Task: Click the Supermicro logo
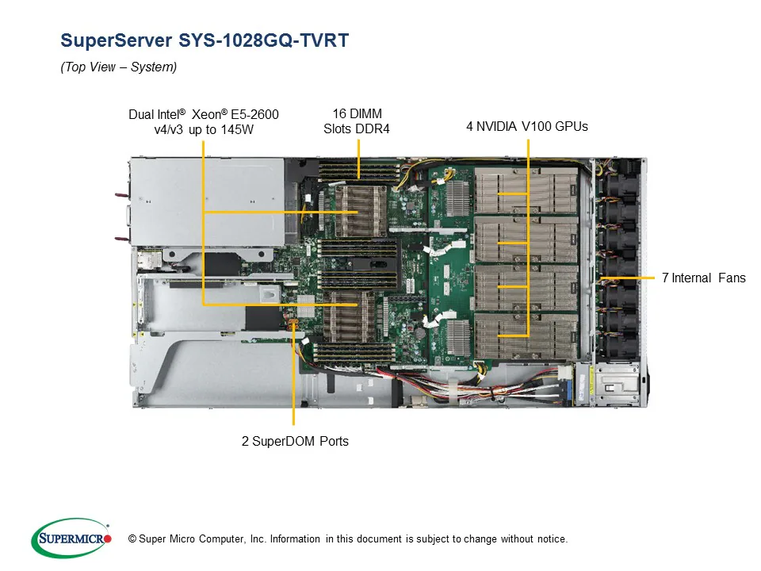(x=71, y=538)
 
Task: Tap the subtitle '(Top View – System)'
(x=119, y=67)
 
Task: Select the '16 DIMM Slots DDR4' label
(x=357, y=121)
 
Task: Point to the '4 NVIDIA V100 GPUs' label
(x=526, y=126)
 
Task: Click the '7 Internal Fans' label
(x=703, y=278)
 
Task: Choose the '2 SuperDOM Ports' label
(x=295, y=441)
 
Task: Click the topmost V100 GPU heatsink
(x=527, y=192)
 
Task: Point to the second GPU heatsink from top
(x=527, y=241)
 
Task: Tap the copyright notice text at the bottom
(x=348, y=539)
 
